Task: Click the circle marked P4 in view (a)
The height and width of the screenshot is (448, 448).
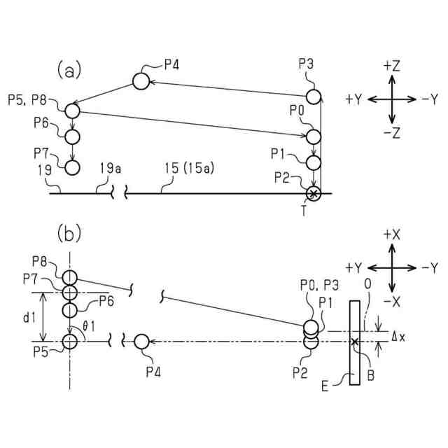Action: coord(141,80)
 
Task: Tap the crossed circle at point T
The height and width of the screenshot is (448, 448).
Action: coord(313,193)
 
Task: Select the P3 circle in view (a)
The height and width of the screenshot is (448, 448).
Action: coord(313,96)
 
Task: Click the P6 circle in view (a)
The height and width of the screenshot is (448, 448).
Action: coord(73,136)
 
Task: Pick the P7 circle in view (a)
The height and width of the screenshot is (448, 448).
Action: coord(73,167)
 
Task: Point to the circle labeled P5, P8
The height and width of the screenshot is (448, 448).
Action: coord(73,110)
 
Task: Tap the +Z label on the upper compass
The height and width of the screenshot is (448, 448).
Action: coord(391,66)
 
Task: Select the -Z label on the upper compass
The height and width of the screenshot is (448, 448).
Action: coord(391,132)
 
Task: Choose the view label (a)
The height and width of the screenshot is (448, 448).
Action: coord(69,70)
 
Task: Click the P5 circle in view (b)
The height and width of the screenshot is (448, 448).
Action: coord(69,342)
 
